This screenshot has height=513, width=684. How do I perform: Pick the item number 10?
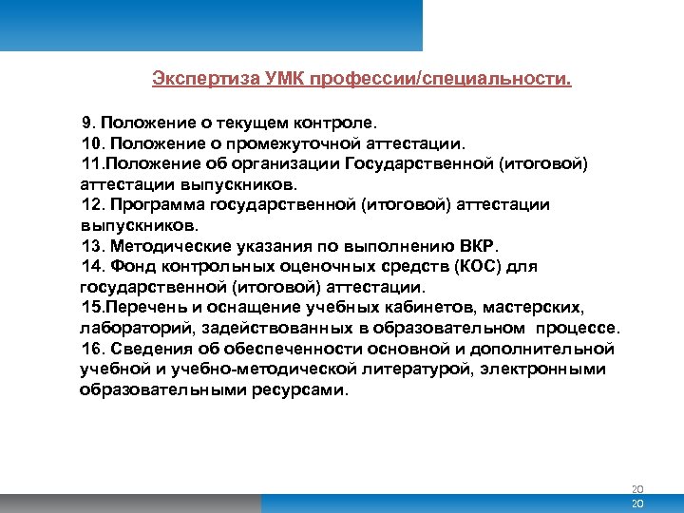click(x=92, y=143)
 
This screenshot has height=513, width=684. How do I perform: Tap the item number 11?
click(x=92, y=163)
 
